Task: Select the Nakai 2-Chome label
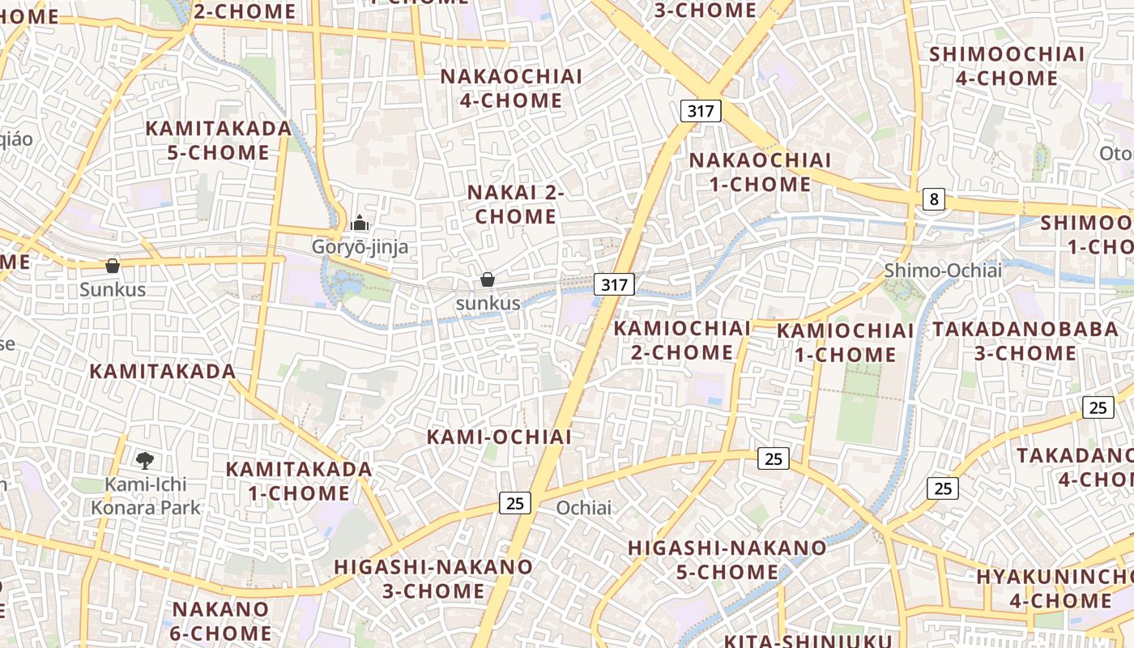(x=516, y=204)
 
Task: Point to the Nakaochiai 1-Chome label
(x=760, y=172)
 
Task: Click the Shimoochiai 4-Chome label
(x=1006, y=66)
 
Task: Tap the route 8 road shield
(x=934, y=198)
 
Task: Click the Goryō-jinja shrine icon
(x=360, y=223)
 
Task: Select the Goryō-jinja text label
(x=360, y=246)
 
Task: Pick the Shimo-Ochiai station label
(x=942, y=271)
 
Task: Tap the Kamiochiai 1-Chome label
(x=845, y=343)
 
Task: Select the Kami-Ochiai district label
(x=499, y=437)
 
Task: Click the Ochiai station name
(x=584, y=508)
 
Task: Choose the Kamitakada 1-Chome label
(x=298, y=480)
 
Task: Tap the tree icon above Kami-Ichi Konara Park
(x=146, y=461)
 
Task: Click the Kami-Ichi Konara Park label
(x=146, y=496)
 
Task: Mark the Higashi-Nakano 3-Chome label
(x=433, y=578)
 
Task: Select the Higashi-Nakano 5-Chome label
(x=727, y=560)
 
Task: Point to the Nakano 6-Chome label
(x=220, y=620)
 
